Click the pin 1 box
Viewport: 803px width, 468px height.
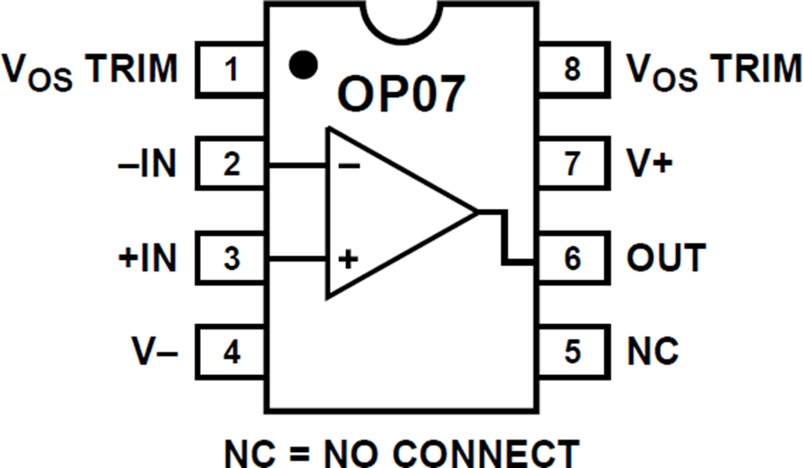[231, 70]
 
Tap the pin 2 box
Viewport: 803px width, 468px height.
[231, 164]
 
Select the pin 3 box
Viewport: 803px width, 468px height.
[231, 259]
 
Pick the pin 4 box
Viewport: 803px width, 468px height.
[231, 353]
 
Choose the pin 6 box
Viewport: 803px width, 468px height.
[571, 259]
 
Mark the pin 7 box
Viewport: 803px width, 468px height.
[571, 164]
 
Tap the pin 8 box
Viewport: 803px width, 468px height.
[571, 70]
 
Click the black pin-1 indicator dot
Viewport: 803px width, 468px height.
[303, 63]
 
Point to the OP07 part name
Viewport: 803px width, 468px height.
[401, 94]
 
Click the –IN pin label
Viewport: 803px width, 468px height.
[148, 164]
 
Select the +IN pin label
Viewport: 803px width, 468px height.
[146, 259]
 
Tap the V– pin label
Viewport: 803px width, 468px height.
[153, 353]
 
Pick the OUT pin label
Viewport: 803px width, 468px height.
[666, 259]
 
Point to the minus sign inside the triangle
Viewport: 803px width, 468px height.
[351, 166]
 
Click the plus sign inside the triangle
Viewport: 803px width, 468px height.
[349, 261]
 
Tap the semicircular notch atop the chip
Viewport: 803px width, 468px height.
[401, 20]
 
